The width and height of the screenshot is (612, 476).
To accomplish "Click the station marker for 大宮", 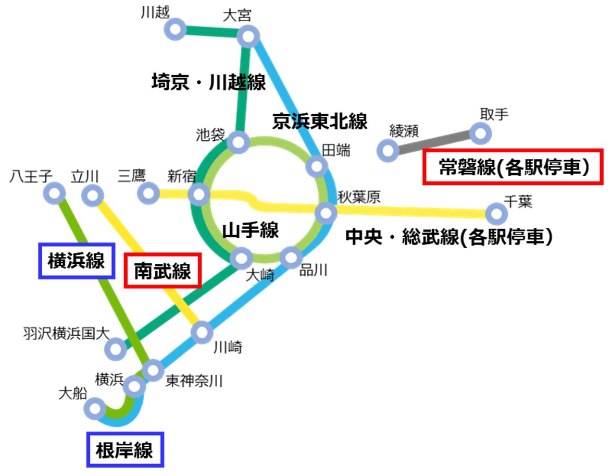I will coord(248,37).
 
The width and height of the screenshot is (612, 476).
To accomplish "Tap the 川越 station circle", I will coord(176,29).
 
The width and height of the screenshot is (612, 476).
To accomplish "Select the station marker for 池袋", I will coord(239,141).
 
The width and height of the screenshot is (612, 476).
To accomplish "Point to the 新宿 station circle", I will coord(198,196).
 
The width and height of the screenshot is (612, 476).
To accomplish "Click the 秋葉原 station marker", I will coord(326,212).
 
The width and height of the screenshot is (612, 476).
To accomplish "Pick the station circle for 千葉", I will coord(496,213).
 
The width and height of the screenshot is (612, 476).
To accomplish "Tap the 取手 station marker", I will coord(480,133).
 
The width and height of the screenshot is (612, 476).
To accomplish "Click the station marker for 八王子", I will coord(54,194).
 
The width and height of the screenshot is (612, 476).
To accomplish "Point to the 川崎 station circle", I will coord(202,332).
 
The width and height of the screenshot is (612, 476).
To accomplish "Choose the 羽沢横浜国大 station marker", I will coord(115,348).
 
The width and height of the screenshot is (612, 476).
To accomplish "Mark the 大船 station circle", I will coord(95,408).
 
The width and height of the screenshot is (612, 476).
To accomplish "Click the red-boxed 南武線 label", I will coord(163,271).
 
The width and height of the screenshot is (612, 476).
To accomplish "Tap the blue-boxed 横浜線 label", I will coord(76,260).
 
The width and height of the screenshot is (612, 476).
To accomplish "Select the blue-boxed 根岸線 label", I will coord(125,449).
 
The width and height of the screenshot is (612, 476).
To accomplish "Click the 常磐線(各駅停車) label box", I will coord(513,167).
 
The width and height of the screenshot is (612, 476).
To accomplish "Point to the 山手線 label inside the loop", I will coord(251,230).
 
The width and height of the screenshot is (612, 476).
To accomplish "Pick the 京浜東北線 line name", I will coord(320,121).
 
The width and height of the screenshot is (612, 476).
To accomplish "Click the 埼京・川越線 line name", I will coord(208,82).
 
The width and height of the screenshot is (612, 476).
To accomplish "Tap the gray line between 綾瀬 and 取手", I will coord(434,142).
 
